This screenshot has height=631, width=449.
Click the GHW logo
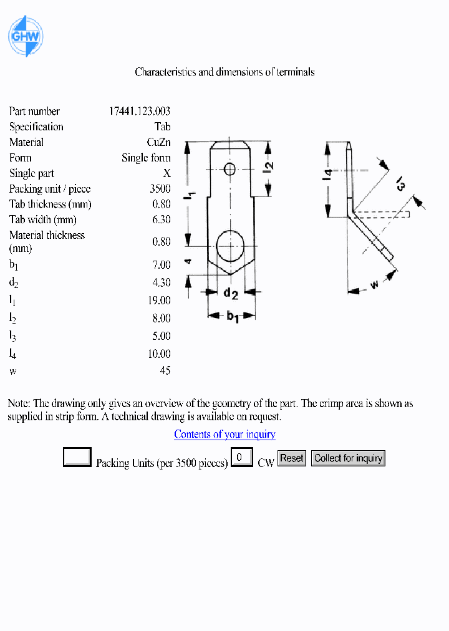coord(25,36)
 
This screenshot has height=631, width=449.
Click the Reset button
coord(291,458)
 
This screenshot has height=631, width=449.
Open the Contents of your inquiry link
coord(224,434)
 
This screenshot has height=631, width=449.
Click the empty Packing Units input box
coord(77,458)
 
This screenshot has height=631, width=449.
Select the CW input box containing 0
coord(241,458)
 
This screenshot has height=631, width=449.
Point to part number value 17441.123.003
coord(140,111)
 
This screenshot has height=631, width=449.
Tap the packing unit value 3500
coord(160,189)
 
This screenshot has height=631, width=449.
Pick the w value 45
coord(165,370)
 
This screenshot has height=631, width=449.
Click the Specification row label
coord(36,127)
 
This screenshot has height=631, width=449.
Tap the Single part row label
coord(32,173)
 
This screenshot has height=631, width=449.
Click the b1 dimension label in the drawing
coord(233,316)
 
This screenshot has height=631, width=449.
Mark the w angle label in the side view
coord(375,285)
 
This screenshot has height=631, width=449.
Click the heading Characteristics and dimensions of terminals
coord(224,72)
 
